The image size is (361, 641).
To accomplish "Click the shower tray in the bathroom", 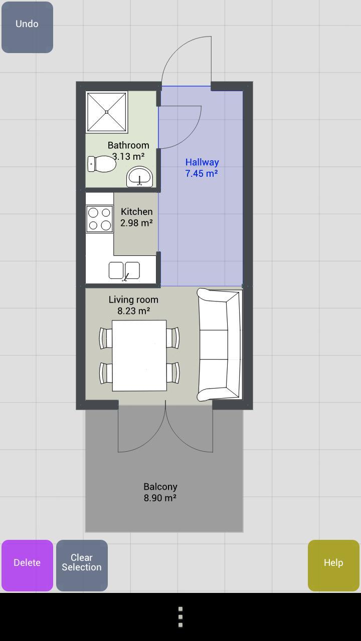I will click(x=107, y=112).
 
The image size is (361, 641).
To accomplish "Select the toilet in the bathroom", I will click(x=102, y=164).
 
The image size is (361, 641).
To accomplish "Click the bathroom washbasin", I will click(x=139, y=177).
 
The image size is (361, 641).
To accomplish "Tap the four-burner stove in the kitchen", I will click(x=99, y=219).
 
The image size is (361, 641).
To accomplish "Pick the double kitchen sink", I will click(x=124, y=270).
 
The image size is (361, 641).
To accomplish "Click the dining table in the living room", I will click(x=139, y=356).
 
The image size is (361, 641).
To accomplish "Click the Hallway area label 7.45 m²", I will click(x=202, y=173).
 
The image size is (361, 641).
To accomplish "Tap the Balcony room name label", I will click(x=160, y=486).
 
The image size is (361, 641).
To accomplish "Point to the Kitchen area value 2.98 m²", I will click(x=136, y=223).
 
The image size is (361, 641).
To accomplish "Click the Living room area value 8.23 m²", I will click(x=134, y=311).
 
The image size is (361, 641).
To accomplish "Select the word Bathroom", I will click(x=128, y=145).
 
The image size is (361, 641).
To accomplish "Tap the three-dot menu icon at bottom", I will click(x=180, y=616).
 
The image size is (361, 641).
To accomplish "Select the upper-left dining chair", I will click(x=105, y=338).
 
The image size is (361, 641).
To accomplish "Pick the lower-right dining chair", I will click(x=173, y=373).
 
